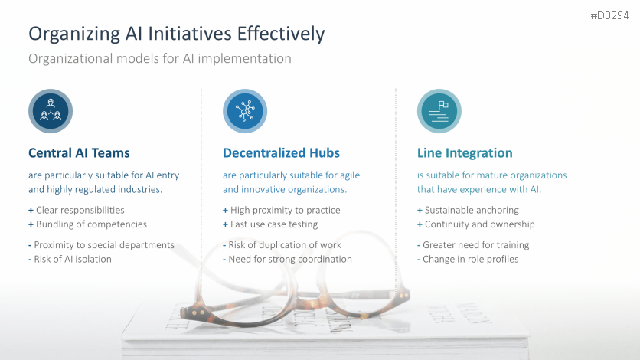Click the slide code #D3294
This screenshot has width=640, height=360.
click(x=609, y=15)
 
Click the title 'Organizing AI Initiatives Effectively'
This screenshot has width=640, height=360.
click(x=176, y=34)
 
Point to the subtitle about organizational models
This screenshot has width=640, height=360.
click(x=159, y=58)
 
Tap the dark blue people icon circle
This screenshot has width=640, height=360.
click(x=51, y=111)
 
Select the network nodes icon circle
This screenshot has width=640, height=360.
click(x=245, y=111)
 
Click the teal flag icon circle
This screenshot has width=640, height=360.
click(x=439, y=111)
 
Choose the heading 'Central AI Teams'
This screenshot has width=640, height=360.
click(x=79, y=153)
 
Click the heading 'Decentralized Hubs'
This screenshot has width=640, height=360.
click(x=281, y=153)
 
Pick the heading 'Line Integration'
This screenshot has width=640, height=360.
click(x=465, y=153)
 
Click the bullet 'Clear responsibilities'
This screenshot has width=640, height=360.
click(x=80, y=210)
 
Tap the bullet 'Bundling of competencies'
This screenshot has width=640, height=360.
click(x=91, y=224)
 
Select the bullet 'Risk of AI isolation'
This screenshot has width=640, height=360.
click(x=72, y=259)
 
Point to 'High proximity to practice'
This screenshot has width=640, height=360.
click(x=285, y=210)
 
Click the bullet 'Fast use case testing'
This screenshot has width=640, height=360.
click(x=274, y=224)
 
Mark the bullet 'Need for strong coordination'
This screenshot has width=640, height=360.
click(x=290, y=259)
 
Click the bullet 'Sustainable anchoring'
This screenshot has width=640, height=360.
click(x=472, y=210)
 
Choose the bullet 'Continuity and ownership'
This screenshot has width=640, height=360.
click(x=479, y=224)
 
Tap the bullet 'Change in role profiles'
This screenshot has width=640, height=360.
click(x=470, y=259)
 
